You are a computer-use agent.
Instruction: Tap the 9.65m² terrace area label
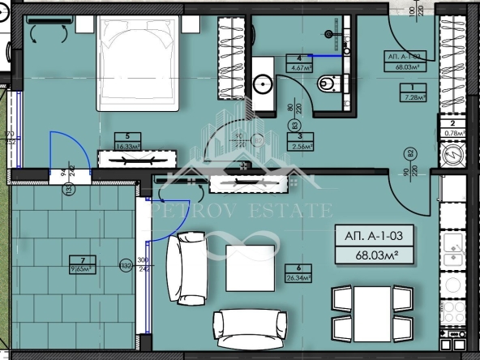(79, 267)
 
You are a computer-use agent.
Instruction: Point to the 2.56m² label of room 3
(300, 147)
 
